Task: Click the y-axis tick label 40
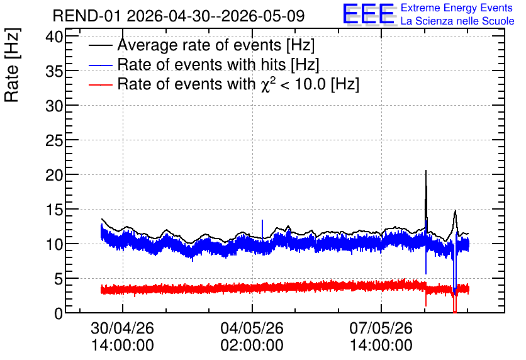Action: coord(54,37)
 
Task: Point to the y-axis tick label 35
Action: coord(54,71)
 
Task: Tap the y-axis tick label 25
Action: coord(54,140)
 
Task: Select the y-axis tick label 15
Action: coord(54,210)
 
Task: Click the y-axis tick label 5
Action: coord(59,279)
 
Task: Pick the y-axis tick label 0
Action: coord(59,313)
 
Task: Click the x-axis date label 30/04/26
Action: coord(123,328)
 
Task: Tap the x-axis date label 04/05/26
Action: coord(252,328)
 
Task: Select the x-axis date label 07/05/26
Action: coord(381,328)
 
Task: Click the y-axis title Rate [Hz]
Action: coord(12,65)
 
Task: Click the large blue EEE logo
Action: coord(368,14)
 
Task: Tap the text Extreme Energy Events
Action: coord(457,8)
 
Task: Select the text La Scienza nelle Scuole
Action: coord(457,21)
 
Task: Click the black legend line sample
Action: coord(100,45)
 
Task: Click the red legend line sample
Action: coord(100,84)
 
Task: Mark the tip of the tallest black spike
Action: coord(426,171)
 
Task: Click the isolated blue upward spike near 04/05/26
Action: coord(262,229)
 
